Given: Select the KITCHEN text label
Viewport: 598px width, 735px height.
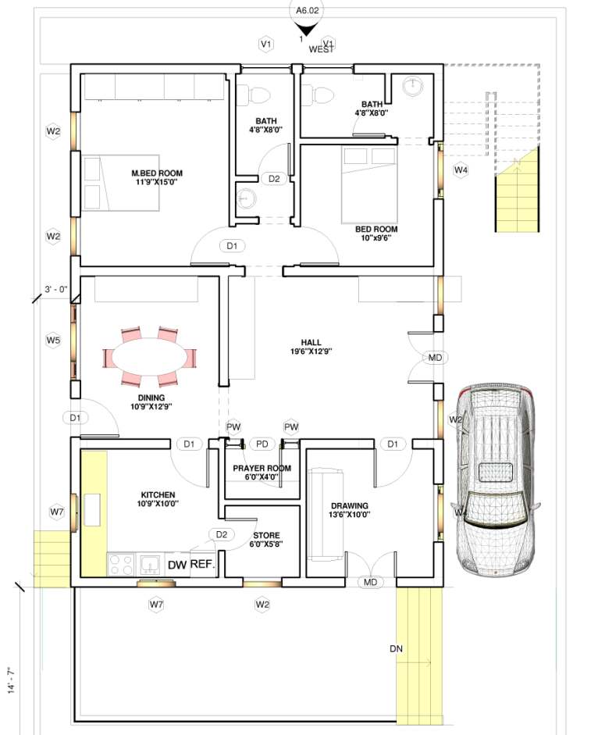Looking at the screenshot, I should tap(158, 495).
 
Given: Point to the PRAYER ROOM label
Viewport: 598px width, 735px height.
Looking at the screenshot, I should tap(262, 469).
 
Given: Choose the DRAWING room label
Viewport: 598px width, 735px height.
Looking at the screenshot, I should tap(349, 506).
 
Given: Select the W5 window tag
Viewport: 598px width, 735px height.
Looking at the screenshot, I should tap(52, 341).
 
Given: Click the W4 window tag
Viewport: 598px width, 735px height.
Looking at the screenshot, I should tap(461, 169).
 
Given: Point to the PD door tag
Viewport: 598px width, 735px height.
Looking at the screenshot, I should tap(262, 444).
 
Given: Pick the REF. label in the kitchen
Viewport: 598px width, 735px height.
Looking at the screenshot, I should tap(202, 563).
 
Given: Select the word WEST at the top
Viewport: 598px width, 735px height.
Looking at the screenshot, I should tap(321, 49).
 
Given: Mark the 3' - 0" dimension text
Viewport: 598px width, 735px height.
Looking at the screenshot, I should tap(56, 290).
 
